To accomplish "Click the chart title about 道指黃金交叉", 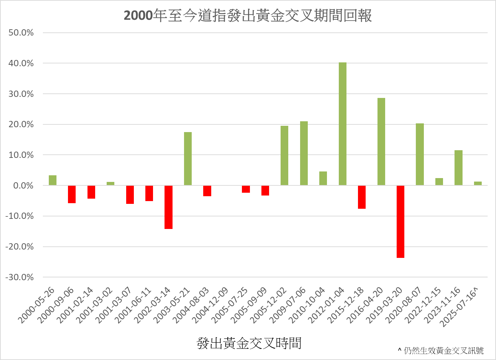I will (248, 16).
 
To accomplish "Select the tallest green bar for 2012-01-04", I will (343, 124).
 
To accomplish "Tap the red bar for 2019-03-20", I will (400, 222).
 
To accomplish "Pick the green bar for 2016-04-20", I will (381, 141).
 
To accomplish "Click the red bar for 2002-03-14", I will (168, 207).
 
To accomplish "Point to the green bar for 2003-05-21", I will (188, 159).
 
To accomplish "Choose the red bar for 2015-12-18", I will (362, 197).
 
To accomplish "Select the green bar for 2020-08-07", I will (420, 154).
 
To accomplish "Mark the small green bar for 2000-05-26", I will (53, 180).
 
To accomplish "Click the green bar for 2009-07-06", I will (304, 153).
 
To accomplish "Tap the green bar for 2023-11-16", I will (458, 168).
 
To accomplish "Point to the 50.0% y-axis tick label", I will (21, 33).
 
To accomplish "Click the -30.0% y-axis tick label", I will (20, 277).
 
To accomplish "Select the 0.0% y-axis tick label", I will (23, 186).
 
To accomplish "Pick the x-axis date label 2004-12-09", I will (211, 306).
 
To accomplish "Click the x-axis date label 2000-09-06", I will (56, 306).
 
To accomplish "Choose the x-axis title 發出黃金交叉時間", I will (249, 343).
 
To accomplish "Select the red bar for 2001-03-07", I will (130, 194).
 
